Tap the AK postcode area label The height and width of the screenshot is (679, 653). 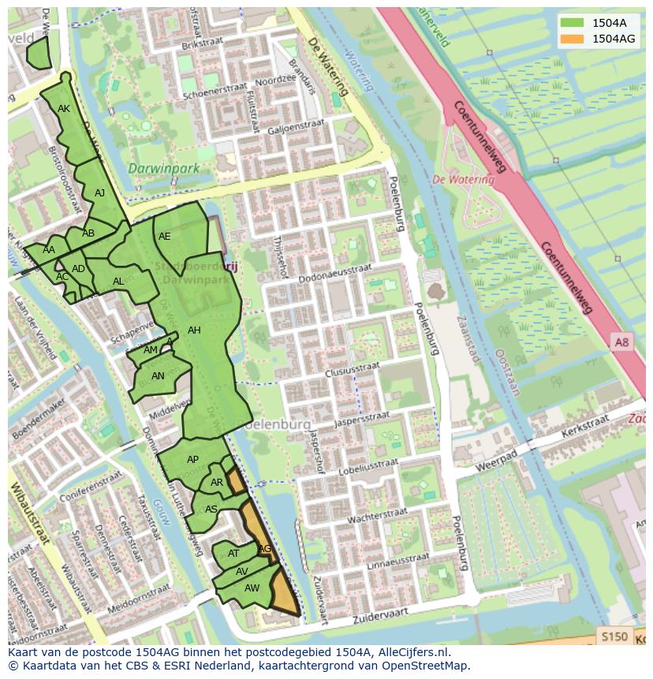pyautogui.click(x=64, y=109)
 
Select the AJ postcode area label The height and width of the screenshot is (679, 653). pyautogui.click(x=100, y=192)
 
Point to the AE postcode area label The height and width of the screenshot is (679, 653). pyautogui.click(x=164, y=236)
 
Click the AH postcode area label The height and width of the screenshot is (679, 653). pyautogui.click(x=194, y=330)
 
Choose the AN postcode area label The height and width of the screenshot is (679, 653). pyautogui.click(x=158, y=376)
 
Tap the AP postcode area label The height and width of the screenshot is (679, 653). pyautogui.click(x=192, y=459)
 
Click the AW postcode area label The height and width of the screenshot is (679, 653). pyautogui.click(x=252, y=588)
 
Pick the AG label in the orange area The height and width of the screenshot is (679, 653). pyautogui.click(x=265, y=548)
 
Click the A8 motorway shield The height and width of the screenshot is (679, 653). pyautogui.click(x=621, y=341)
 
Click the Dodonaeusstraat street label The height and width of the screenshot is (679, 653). pyautogui.click(x=335, y=269)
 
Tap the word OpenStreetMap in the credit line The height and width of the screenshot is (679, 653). pyautogui.click(x=426, y=666)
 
